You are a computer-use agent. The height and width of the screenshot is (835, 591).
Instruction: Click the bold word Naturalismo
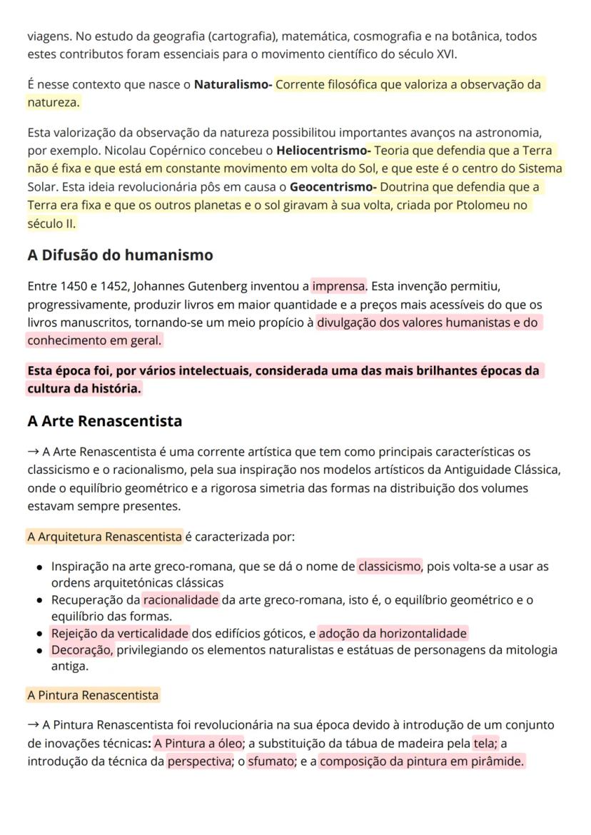click(x=231, y=85)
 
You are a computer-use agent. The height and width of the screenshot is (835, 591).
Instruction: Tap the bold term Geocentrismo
click(x=333, y=188)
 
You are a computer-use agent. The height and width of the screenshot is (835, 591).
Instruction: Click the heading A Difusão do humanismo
click(x=120, y=255)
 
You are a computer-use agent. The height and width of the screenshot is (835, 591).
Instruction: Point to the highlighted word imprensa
click(x=338, y=287)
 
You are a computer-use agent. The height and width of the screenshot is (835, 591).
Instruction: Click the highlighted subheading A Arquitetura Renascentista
click(x=105, y=536)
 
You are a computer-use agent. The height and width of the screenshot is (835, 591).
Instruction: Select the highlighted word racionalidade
click(x=181, y=600)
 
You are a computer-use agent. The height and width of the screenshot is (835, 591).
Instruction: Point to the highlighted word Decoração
click(x=81, y=650)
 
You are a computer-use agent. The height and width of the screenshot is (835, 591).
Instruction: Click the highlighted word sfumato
click(x=271, y=761)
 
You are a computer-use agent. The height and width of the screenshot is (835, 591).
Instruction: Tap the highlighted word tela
click(x=485, y=744)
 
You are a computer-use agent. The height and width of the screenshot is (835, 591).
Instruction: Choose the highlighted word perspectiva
click(x=194, y=761)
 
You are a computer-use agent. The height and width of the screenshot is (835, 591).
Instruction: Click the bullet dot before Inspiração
click(x=40, y=567)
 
